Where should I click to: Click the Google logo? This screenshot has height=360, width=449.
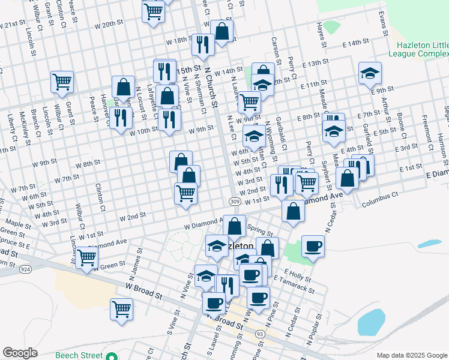coord(20,353)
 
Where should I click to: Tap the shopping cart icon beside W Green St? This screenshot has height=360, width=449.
coord(87,257)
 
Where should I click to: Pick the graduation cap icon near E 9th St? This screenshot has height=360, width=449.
coord(370,73)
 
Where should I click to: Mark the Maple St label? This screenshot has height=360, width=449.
coord(18,226)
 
